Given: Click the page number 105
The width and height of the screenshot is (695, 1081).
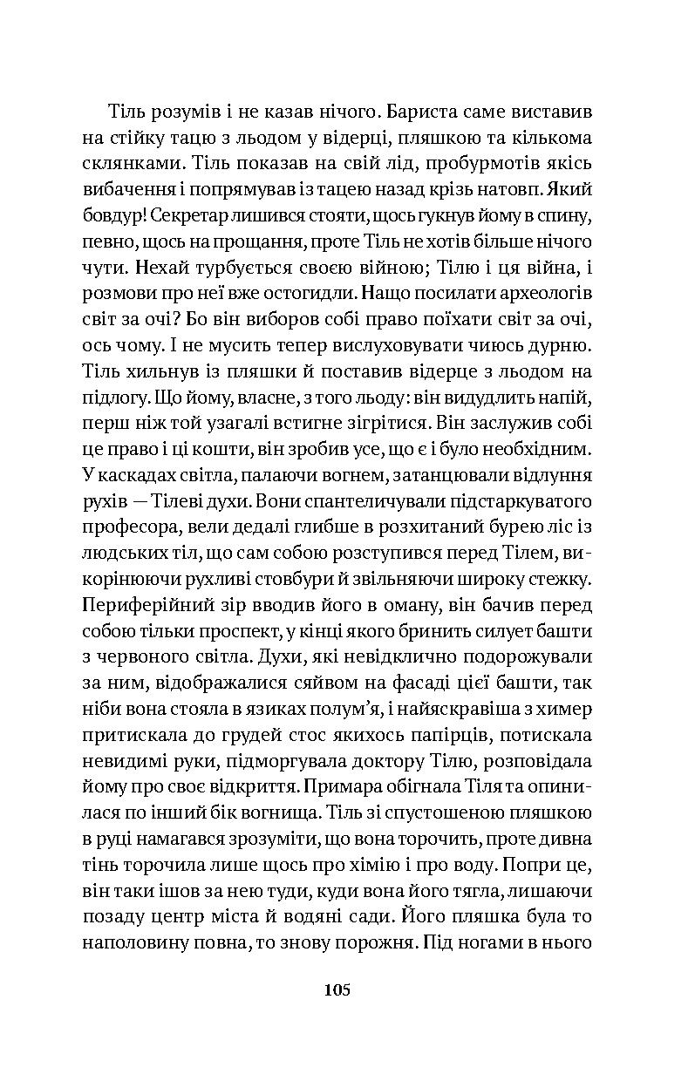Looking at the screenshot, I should (x=337, y=989).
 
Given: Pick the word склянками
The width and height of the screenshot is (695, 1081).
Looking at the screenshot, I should (x=125, y=164).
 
